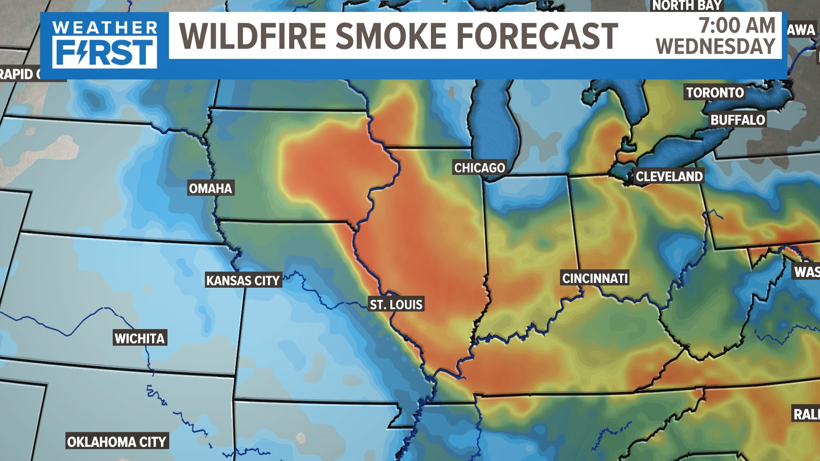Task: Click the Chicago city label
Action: click(x=479, y=168)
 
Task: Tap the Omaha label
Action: click(x=210, y=188)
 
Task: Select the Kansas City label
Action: click(x=243, y=280)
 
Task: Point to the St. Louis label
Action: click(x=396, y=304)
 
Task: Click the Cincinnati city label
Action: click(x=595, y=278)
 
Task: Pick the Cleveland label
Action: click(x=669, y=176)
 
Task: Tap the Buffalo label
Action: click(x=738, y=120)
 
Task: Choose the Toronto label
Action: click(x=715, y=93)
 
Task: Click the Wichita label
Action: click(x=140, y=338)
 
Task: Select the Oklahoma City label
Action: click(x=117, y=441)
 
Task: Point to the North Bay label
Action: click(x=687, y=6)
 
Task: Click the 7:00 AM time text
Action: click(x=737, y=25)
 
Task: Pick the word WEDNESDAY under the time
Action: click(x=716, y=46)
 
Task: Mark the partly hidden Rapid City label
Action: click(x=19, y=74)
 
